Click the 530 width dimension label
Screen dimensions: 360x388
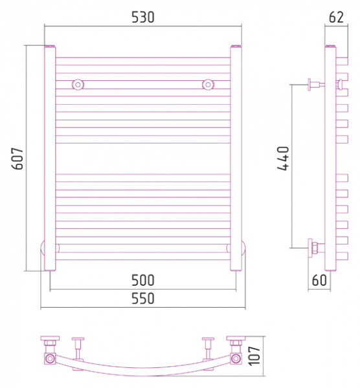pos(143,17)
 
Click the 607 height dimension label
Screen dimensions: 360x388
pos(18,158)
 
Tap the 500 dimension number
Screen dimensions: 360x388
pos(143,281)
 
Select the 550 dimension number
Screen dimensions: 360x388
pos(143,298)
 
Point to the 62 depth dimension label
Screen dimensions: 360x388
pos(337,17)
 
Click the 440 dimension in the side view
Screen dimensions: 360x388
pos(283,158)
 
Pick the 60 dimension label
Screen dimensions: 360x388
pos(319,280)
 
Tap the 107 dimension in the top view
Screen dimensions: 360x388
pos(254,356)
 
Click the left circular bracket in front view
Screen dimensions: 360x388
pos(78,85)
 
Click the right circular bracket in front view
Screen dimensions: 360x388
pos(208,85)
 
